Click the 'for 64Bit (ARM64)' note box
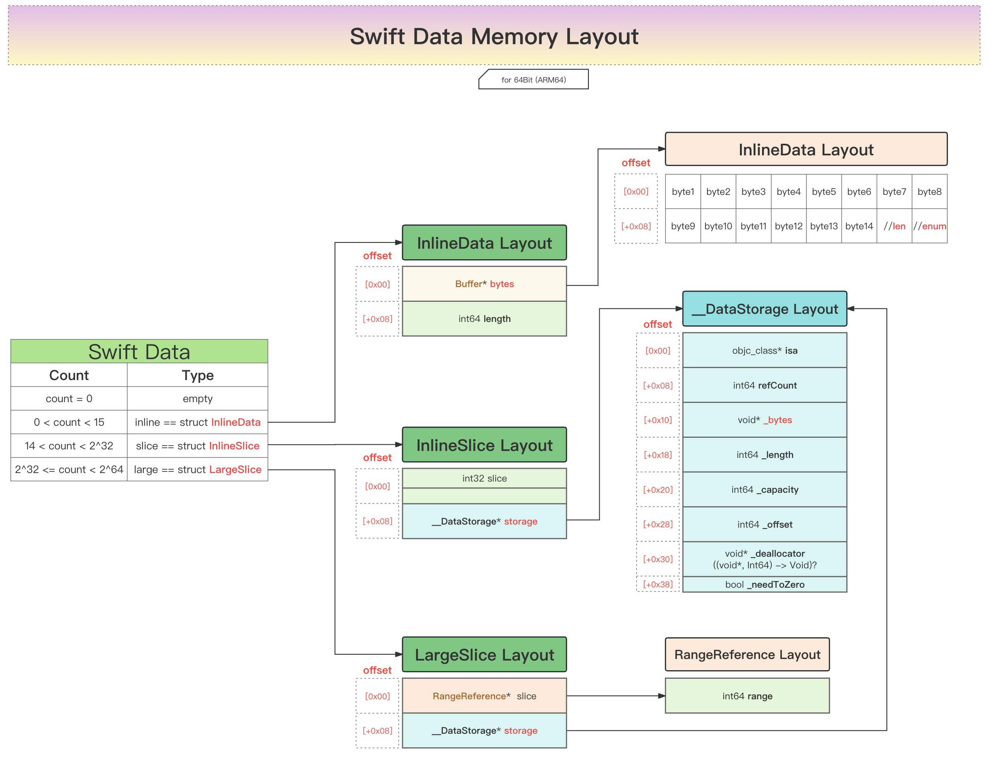(533, 80)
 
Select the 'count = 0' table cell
(69, 399)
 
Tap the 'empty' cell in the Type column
(198, 399)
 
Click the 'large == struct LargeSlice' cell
(198, 470)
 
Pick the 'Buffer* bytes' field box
(485, 284)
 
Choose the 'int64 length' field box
(485, 319)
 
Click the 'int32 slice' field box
(485, 478)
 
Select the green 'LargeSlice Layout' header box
(485, 655)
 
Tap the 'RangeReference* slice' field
(485, 696)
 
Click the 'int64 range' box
(747, 696)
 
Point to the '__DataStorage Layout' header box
(765, 309)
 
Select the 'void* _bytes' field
(765, 420)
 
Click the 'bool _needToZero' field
(765, 585)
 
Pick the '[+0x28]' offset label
(658, 525)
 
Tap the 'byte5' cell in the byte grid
(824, 191)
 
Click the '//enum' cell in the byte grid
(930, 226)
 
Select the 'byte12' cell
(789, 226)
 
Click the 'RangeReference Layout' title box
(747, 655)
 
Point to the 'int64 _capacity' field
(765, 490)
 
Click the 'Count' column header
(69, 375)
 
